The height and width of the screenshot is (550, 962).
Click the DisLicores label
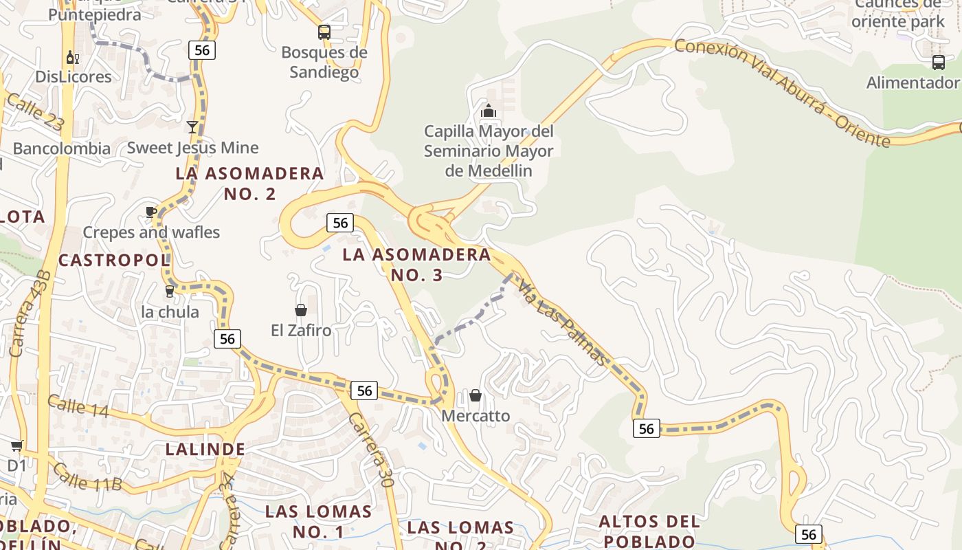click(74, 76)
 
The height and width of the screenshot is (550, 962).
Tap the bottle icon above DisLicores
click(72, 57)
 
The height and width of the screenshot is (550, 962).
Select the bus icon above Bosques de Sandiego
click(324, 32)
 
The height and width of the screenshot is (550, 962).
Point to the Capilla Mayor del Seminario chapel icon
click(489, 111)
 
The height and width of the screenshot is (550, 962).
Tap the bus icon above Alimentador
click(939, 63)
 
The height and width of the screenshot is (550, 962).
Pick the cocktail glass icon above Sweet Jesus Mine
click(192, 127)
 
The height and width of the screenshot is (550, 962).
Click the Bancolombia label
click(61, 148)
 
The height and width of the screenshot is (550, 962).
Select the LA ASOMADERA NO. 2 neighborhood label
click(250, 183)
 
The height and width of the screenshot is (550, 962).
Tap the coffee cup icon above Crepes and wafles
click(151, 212)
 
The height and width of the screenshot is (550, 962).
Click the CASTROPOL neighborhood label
click(114, 260)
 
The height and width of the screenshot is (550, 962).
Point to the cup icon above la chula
click(170, 291)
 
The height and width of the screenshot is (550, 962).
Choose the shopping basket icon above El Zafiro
click(301, 310)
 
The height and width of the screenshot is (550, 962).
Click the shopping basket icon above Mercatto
click(476, 395)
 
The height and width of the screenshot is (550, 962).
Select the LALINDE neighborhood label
click(205, 449)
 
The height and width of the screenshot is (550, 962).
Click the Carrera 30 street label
click(370, 450)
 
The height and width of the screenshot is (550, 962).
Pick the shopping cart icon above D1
click(16, 446)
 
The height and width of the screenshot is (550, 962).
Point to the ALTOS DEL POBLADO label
click(649, 531)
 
